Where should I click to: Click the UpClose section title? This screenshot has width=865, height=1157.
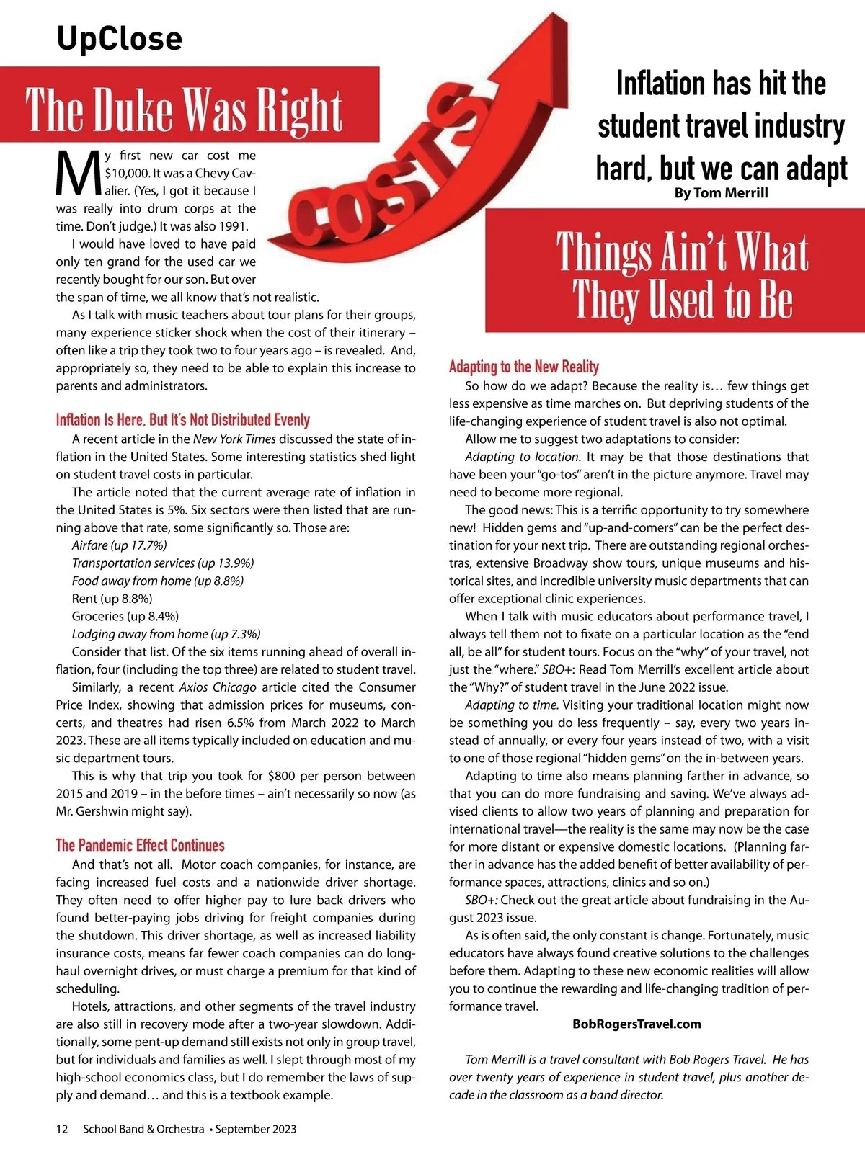click(120, 38)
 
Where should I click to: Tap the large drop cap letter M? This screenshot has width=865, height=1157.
click(78, 175)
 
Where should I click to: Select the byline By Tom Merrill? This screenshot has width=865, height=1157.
click(721, 193)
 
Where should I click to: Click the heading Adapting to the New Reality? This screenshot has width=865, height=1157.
click(524, 367)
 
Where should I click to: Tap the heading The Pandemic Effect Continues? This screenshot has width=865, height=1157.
click(140, 845)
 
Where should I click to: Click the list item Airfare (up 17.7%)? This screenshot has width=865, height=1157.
click(119, 545)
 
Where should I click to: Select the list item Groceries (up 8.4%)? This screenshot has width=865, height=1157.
click(125, 616)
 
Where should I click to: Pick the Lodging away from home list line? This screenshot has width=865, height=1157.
click(166, 634)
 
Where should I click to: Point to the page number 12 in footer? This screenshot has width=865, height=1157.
click(62, 1129)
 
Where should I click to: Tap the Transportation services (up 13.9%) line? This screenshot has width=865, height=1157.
click(163, 563)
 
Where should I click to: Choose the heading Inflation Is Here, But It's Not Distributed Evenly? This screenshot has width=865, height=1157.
click(182, 420)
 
